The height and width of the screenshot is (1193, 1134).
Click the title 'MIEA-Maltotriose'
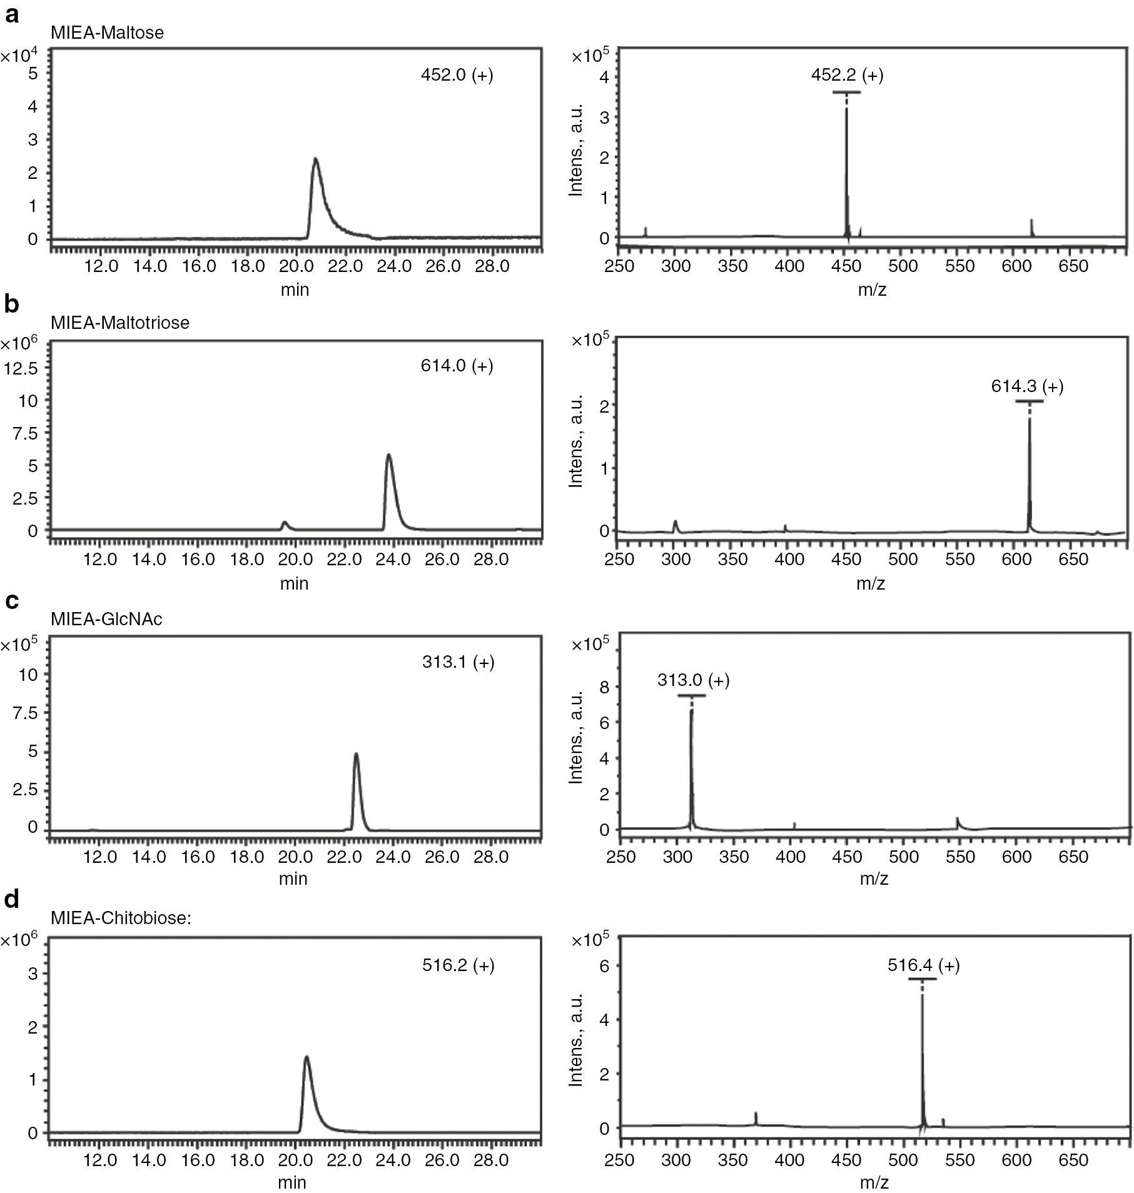120,323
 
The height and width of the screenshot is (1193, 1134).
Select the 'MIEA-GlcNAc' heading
106,619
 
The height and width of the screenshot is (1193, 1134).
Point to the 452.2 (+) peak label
847,75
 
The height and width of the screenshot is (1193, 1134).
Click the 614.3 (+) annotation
1027,386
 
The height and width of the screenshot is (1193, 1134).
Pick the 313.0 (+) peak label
693,680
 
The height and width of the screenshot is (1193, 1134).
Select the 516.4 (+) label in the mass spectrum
923,965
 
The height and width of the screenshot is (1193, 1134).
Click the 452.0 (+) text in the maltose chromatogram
457,76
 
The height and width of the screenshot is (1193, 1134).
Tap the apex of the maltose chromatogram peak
316,159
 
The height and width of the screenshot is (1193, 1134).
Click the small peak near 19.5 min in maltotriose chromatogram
285,522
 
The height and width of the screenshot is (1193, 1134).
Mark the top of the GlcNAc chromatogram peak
356,754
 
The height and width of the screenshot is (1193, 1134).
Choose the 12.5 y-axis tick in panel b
20,368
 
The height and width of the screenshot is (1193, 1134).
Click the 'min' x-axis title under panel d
293,1182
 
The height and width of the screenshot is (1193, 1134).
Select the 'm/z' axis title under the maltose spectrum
872,289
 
